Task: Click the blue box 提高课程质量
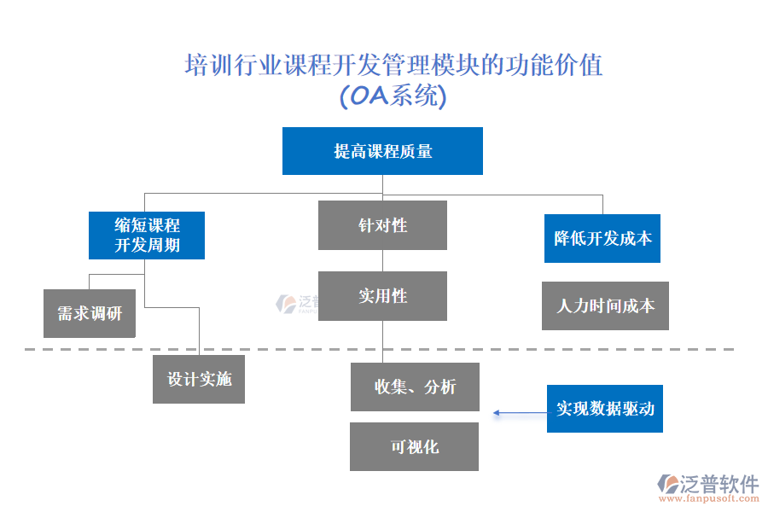pyautogui.click(x=382, y=151)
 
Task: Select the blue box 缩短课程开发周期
pyautogui.click(x=147, y=236)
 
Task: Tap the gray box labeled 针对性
pyautogui.click(x=382, y=225)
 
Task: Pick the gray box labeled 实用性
pyautogui.click(x=382, y=296)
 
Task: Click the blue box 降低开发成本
pyautogui.click(x=602, y=238)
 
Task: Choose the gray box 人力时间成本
pyautogui.click(x=605, y=305)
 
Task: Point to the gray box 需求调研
pyautogui.click(x=90, y=313)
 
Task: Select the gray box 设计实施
pyautogui.click(x=199, y=379)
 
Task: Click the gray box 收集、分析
pyautogui.click(x=415, y=387)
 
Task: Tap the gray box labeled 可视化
pyautogui.click(x=414, y=446)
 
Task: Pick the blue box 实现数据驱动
pyautogui.click(x=605, y=409)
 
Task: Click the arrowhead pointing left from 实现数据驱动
pyautogui.click(x=496, y=414)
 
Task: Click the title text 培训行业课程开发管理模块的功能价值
pyautogui.click(x=393, y=66)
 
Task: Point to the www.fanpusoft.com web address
pyautogui.click(x=708, y=501)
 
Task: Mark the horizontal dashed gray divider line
pyautogui.click(x=256, y=349)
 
